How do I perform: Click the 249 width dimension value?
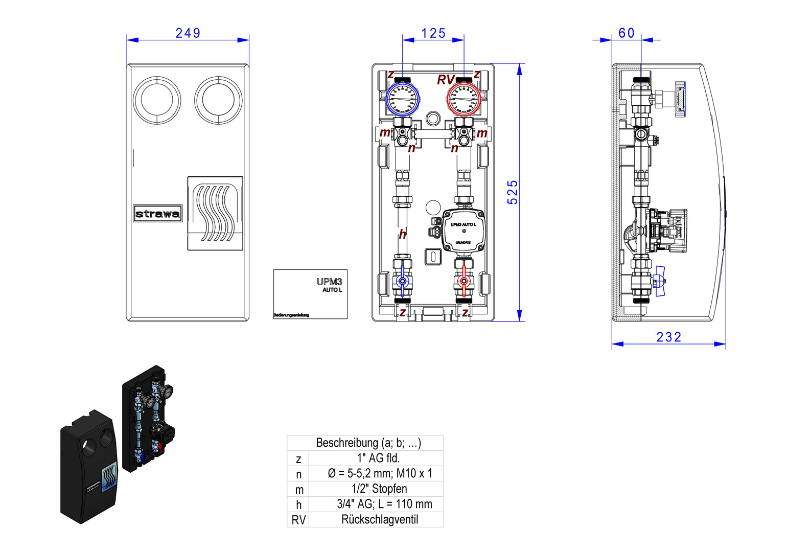(x=188, y=33)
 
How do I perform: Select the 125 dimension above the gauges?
(x=433, y=33)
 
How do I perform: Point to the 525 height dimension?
(x=513, y=192)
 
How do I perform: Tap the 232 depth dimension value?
(x=668, y=337)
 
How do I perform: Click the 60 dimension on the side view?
(x=627, y=33)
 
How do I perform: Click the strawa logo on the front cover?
(x=157, y=214)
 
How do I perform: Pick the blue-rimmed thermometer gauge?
(x=402, y=99)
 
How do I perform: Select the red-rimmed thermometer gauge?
(x=464, y=99)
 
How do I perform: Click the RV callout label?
(x=446, y=80)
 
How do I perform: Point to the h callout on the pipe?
(x=403, y=234)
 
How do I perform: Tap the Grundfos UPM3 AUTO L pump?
(x=463, y=231)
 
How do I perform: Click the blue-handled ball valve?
(x=402, y=281)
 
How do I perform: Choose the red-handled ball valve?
(x=464, y=281)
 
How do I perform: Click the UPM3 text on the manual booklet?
(x=329, y=282)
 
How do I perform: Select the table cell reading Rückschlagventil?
(x=379, y=520)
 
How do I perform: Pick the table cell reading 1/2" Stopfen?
(x=379, y=489)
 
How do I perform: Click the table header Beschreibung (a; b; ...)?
(x=368, y=443)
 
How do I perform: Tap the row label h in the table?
(x=298, y=505)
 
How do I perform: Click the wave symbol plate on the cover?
(x=215, y=213)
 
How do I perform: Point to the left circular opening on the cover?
(x=157, y=100)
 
